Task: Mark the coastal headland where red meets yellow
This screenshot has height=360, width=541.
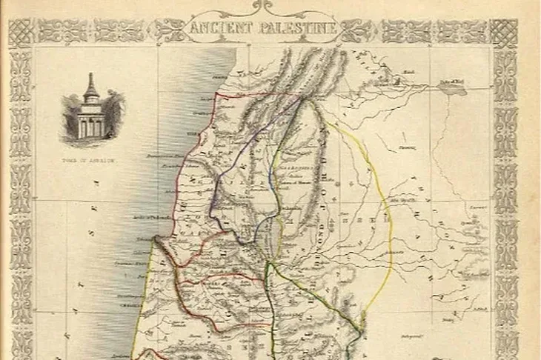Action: [x=156, y=241]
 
